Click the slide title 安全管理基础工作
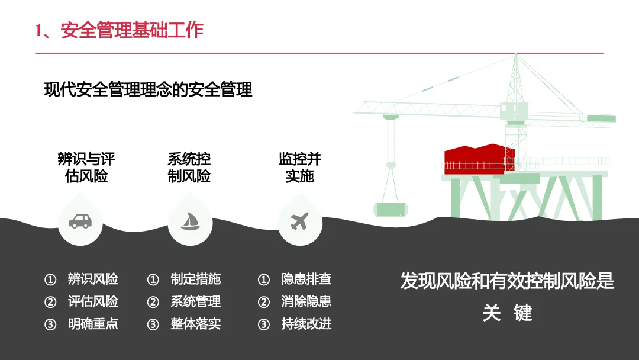[132, 30]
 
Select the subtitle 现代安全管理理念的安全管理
[148, 89]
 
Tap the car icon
[80, 221]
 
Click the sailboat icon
[190, 221]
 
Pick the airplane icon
[300, 221]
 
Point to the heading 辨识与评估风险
[86, 168]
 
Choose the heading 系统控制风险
[189, 168]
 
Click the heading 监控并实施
[300, 168]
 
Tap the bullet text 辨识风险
[93, 279]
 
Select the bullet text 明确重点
[93, 324]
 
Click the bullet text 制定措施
[196, 279]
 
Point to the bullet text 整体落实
[196, 324]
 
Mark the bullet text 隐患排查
[306, 279]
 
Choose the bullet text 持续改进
[306, 324]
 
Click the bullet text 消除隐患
[306, 301]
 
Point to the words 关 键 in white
[507, 312]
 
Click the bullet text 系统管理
[196, 301]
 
